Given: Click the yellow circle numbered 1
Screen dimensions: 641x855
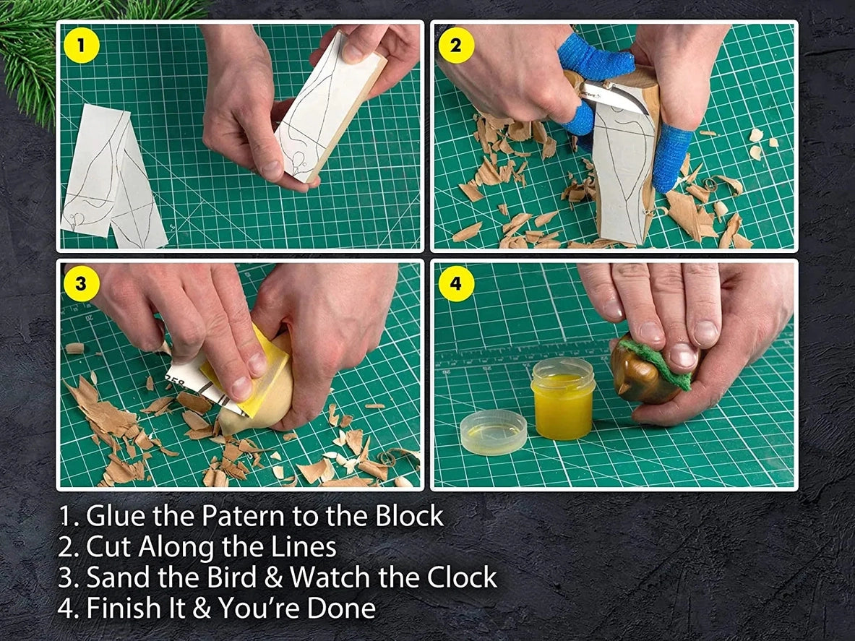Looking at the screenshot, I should click(81, 46).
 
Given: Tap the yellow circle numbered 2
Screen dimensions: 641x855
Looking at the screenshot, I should click(456, 46).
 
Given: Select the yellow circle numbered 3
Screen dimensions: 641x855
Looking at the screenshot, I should click(81, 283).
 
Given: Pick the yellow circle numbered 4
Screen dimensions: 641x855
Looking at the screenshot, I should click(456, 283).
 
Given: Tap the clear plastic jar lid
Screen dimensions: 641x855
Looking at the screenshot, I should click(494, 431).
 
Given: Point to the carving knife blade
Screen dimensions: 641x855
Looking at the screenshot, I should click(618, 97).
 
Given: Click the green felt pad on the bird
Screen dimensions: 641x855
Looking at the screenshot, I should click(654, 361).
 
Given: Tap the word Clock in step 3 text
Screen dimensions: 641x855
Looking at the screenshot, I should click(462, 577).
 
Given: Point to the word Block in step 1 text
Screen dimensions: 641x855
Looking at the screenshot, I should click(409, 516).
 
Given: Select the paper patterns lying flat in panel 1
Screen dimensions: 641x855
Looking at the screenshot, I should click(112, 177).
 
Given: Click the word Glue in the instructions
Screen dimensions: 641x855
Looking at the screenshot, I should click(113, 516).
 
